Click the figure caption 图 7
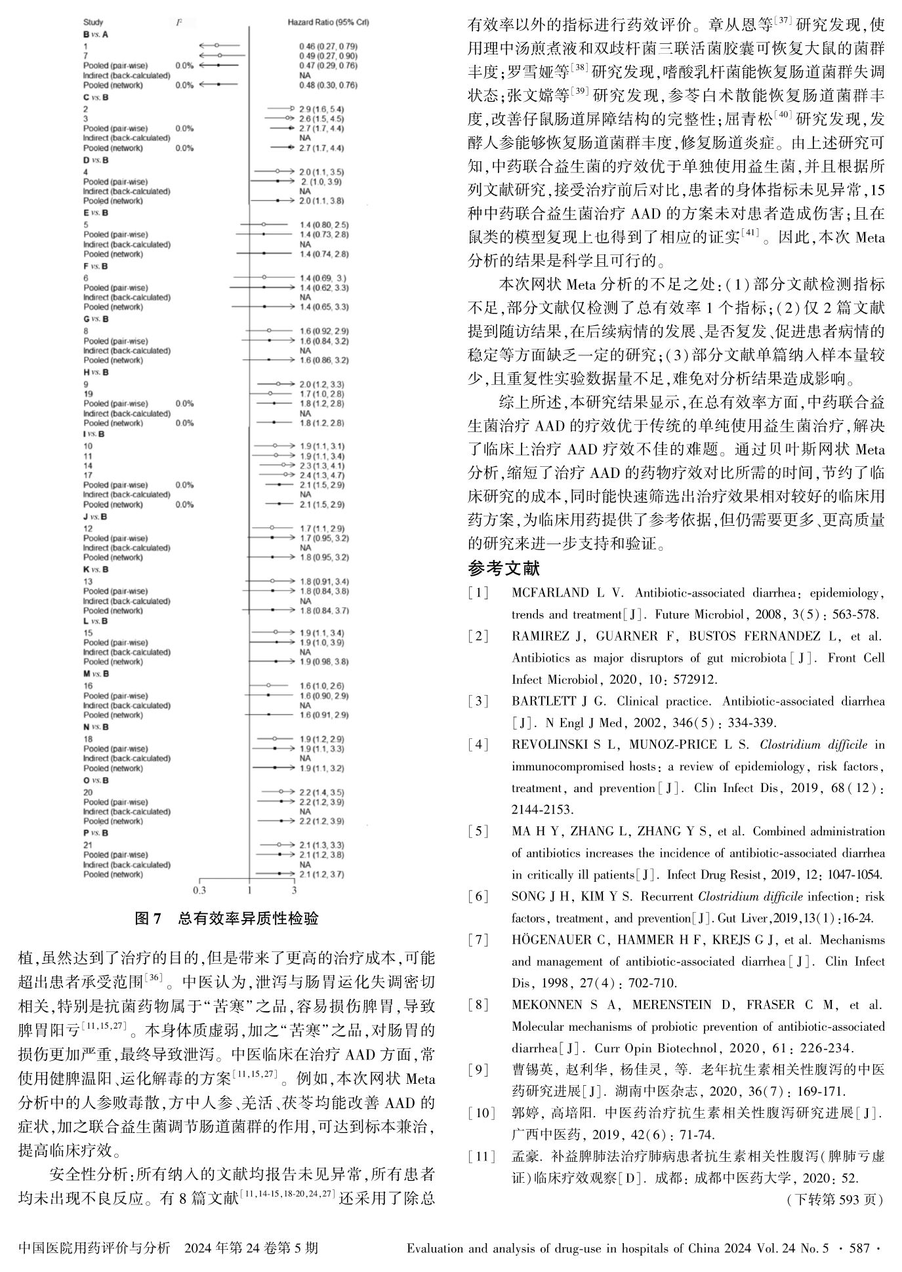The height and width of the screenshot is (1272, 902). point(226,918)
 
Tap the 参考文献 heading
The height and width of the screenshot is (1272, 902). point(504,568)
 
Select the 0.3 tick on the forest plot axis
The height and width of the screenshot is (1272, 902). point(199,890)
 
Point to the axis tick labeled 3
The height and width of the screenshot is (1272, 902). point(294,890)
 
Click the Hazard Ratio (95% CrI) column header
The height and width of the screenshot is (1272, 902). point(328,22)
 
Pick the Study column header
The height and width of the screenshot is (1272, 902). point(92,22)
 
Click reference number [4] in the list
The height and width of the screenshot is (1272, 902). point(478,745)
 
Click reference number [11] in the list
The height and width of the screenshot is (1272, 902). point(481,1157)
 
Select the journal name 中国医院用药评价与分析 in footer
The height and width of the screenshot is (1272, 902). point(95,1248)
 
